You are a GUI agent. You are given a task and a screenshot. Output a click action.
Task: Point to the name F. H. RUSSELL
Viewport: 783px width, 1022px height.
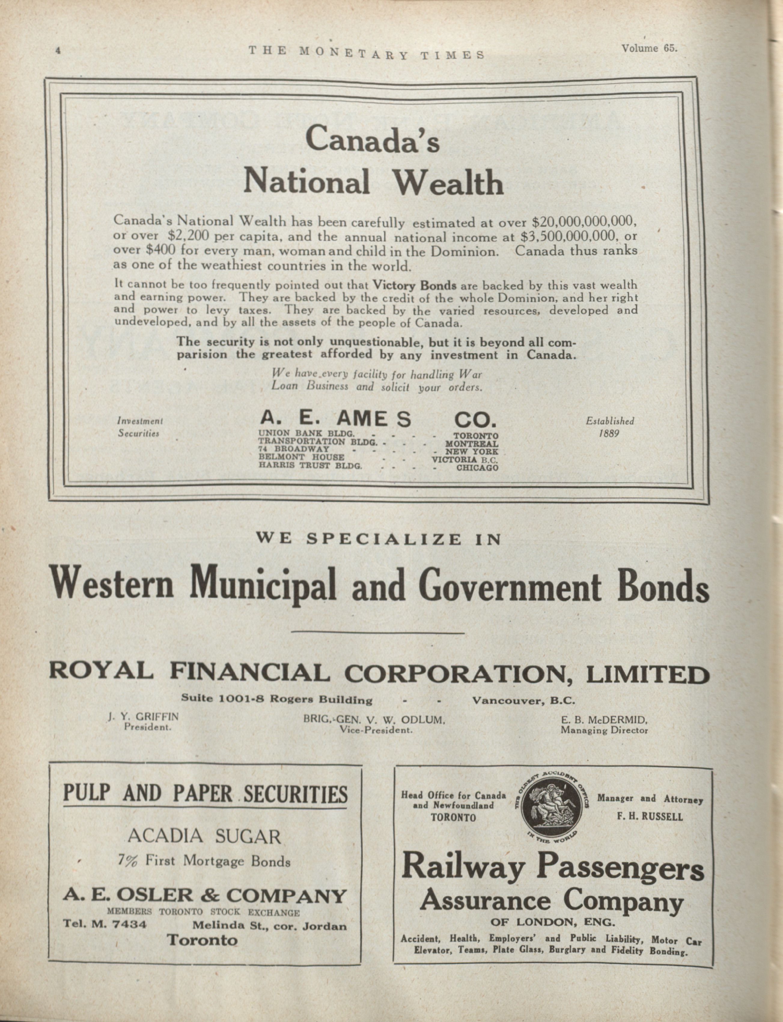[650, 817]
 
